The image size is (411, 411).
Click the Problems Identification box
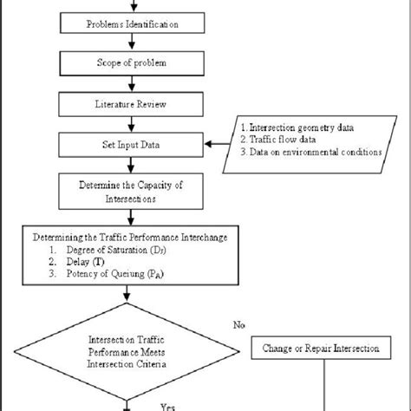point(134,23)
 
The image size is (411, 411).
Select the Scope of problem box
point(134,63)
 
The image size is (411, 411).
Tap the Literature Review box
point(134,103)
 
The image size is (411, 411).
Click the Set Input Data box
point(134,143)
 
